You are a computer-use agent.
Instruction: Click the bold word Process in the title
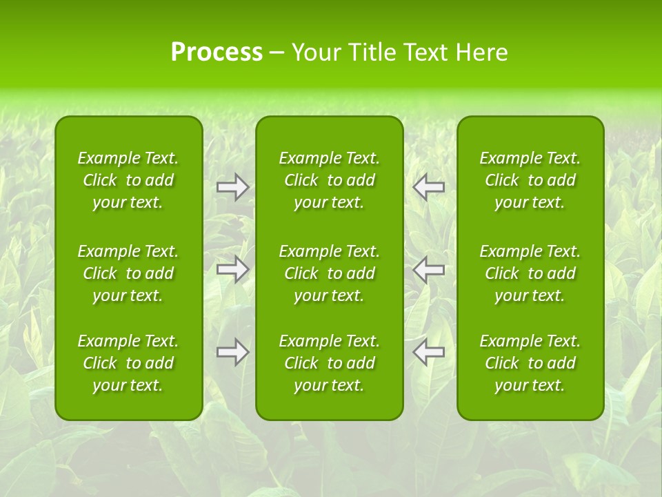click(217, 52)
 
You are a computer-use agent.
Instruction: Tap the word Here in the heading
click(481, 52)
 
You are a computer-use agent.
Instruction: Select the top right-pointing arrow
click(232, 187)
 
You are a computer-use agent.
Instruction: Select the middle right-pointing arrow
click(232, 269)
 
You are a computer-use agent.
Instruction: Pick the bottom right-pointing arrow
click(232, 352)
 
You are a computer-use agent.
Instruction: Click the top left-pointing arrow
click(429, 187)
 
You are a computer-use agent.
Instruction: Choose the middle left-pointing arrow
click(429, 269)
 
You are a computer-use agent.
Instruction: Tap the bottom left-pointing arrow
click(429, 352)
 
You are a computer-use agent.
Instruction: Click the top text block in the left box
click(128, 180)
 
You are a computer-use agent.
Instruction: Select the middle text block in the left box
click(128, 273)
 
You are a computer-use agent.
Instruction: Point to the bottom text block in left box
click(128, 363)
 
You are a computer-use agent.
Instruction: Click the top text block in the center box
click(329, 180)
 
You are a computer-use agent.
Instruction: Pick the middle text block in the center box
click(329, 273)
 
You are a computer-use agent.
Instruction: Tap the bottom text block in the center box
click(329, 363)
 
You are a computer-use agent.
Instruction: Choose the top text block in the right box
click(530, 180)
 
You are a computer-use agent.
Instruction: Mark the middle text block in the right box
click(530, 273)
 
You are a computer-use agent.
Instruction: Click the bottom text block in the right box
click(530, 363)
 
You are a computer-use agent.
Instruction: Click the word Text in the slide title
click(423, 52)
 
